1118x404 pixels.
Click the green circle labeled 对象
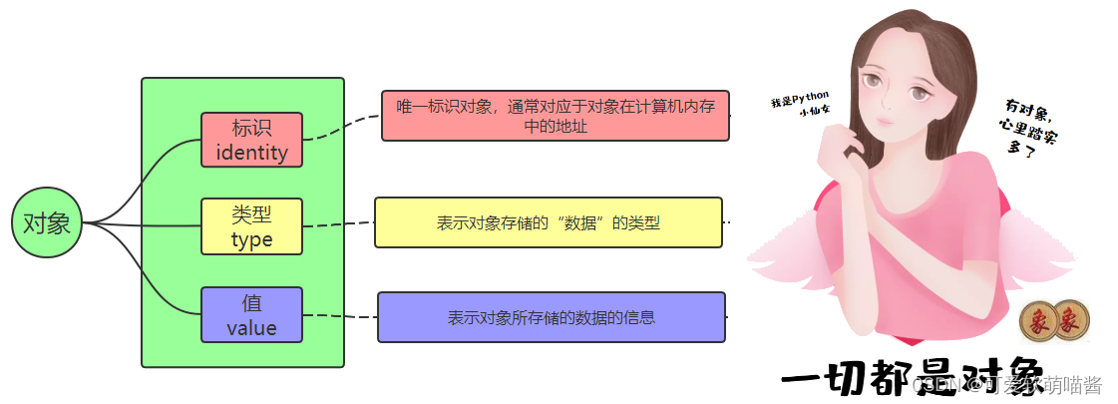pyautogui.click(x=46, y=223)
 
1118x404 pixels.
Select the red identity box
pyautogui.click(x=251, y=140)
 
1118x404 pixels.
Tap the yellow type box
pyautogui.click(x=251, y=226)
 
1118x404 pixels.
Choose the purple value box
pyautogui.click(x=251, y=314)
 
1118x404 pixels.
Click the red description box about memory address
pyautogui.click(x=555, y=116)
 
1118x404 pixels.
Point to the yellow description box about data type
pyautogui.click(x=548, y=222)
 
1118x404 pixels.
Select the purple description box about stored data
pyautogui.click(x=551, y=317)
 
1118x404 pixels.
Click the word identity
pyautogui.click(x=251, y=153)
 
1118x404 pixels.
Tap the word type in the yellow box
pyautogui.click(x=251, y=240)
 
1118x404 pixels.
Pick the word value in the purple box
pyautogui.click(x=251, y=327)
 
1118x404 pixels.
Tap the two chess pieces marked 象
pyautogui.click(x=1054, y=321)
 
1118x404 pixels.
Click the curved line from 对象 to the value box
pyautogui.click(x=150, y=279)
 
